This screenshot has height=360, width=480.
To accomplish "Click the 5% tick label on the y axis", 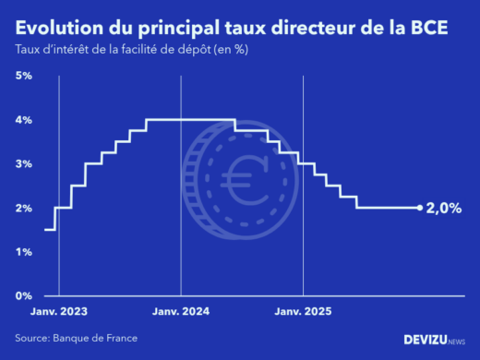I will click(x=24, y=76).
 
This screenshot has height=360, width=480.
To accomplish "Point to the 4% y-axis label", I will click(x=24, y=120).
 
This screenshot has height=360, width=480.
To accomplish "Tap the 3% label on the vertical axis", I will click(x=24, y=163).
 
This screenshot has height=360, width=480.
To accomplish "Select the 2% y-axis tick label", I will click(x=24, y=208).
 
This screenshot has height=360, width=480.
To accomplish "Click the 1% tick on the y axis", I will click(x=24, y=251).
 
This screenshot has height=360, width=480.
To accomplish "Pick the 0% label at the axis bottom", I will click(x=24, y=295).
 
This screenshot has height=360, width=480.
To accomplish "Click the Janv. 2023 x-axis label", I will click(x=60, y=311).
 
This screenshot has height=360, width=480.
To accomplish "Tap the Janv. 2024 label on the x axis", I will click(x=181, y=311).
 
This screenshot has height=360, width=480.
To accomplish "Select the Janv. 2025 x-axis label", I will click(x=302, y=311).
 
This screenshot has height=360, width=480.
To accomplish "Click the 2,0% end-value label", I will click(x=444, y=209).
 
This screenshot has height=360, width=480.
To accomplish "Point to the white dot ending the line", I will click(x=420, y=208).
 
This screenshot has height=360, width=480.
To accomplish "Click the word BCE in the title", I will click(x=426, y=28).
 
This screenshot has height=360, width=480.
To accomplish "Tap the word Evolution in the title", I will click(x=58, y=28).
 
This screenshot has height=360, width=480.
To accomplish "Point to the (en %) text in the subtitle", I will click(x=230, y=49).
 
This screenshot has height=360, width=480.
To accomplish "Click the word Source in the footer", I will click(x=32, y=338).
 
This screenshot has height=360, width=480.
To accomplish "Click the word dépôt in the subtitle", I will click(x=189, y=49).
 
